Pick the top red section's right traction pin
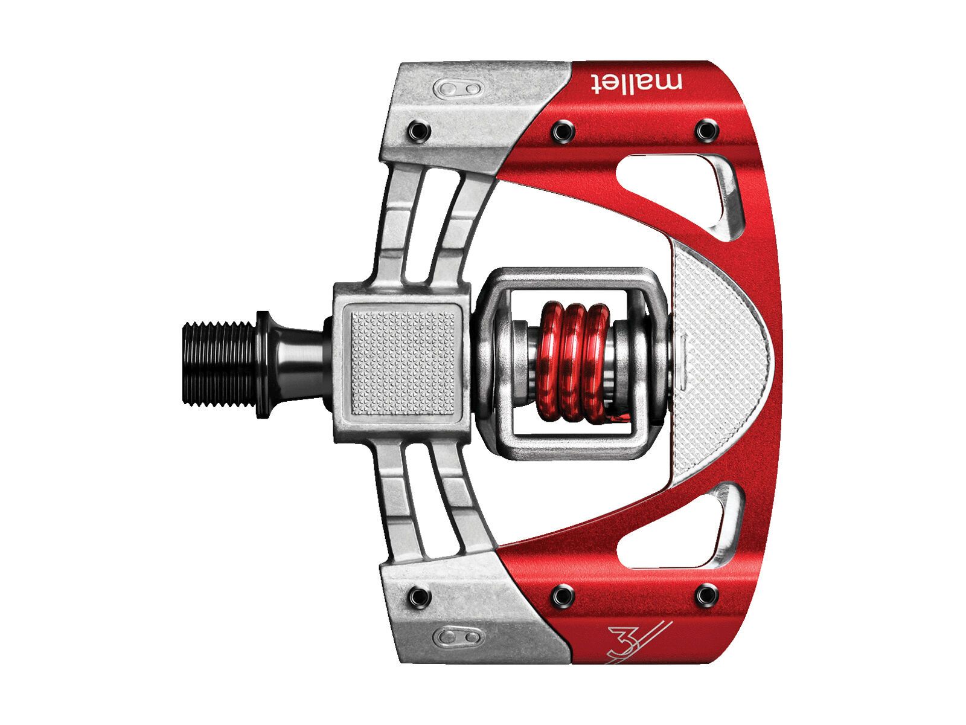tap(705, 129)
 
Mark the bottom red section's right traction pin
tap(705, 595)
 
